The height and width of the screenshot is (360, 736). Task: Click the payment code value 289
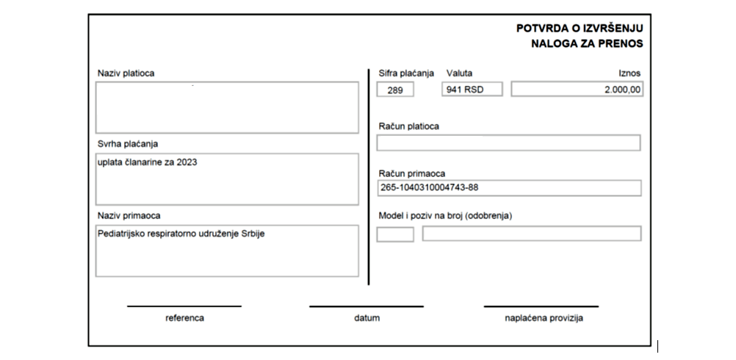[x=394, y=90]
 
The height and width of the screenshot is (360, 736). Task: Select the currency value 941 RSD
[x=463, y=90]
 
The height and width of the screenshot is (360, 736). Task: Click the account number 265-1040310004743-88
[x=430, y=188]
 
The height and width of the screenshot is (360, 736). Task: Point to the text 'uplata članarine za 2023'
[x=148, y=162]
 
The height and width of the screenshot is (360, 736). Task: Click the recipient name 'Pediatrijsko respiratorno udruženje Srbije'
[x=179, y=234]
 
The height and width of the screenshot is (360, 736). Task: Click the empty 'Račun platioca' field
[x=508, y=143]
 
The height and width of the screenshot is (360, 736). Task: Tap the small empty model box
[x=395, y=234]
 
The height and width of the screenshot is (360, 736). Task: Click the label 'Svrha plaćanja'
[x=128, y=143]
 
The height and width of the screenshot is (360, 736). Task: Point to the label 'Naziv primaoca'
[x=129, y=215]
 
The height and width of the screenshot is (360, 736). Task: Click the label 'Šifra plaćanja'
[x=406, y=73]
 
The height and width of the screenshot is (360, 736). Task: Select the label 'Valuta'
[x=459, y=73]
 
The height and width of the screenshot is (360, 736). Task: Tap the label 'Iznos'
[x=630, y=73]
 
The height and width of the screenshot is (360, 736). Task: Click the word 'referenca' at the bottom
[x=184, y=319]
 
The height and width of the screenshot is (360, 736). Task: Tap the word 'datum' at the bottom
[x=367, y=319]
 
